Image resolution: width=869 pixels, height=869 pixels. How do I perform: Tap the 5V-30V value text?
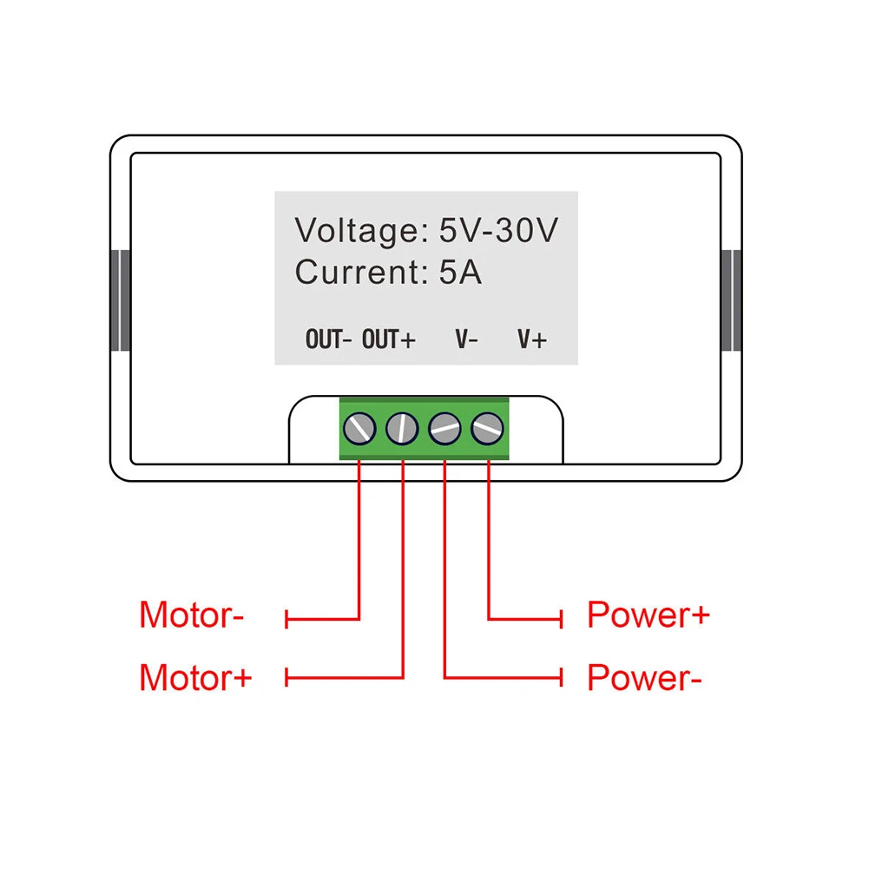click(x=497, y=231)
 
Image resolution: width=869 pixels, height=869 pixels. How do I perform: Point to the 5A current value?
click(x=460, y=273)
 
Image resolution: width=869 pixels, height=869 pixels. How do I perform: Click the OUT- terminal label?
click(x=328, y=339)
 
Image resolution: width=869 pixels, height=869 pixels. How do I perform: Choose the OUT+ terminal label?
click(x=389, y=339)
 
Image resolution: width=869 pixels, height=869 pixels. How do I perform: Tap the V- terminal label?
click(x=466, y=339)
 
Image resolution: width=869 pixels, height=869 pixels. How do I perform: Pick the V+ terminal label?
click(x=532, y=339)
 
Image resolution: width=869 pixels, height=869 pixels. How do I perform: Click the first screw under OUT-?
click(x=360, y=427)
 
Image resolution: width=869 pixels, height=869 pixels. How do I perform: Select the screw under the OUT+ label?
click(x=403, y=427)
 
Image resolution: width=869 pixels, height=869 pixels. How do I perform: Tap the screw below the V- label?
click(x=444, y=427)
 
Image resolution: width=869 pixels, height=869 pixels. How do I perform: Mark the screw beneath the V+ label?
click(x=487, y=427)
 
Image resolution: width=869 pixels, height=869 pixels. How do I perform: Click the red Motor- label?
click(x=192, y=616)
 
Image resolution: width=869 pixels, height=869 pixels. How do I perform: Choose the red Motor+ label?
click(x=195, y=676)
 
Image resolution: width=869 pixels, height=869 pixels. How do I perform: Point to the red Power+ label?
click(x=648, y=616)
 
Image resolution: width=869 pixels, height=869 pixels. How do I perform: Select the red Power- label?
click(x=644, y=676)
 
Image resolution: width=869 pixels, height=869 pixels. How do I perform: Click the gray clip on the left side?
click(x=120, y=300)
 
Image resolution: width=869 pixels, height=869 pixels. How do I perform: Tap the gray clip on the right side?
click(x=732, y=300)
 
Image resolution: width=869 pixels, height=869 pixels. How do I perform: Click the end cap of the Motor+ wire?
click(x=287, y=676)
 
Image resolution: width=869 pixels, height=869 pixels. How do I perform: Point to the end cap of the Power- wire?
click(x=563, y=676)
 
